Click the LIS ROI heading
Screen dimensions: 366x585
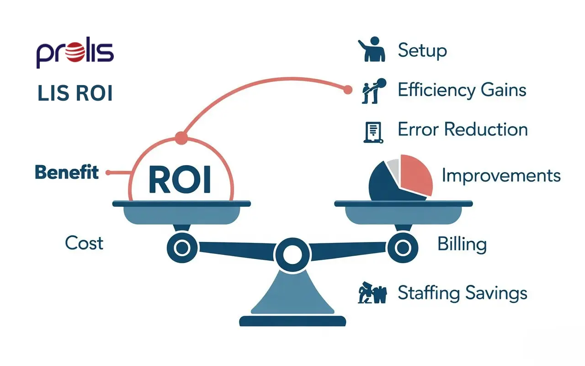(75, 93)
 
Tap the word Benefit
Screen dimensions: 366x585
(67, 172)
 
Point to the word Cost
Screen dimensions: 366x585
(84, 242)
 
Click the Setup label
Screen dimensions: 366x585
(422, 50)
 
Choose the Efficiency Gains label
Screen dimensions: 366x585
(462, 90)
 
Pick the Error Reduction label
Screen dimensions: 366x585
(463, 129)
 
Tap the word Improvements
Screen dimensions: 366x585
(501, 175)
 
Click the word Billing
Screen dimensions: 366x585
(462, 244)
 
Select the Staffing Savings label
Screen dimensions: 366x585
(463, 292)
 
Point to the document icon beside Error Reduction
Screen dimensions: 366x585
(372, 131)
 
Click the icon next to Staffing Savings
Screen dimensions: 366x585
(372, 293)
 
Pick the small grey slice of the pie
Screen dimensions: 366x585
(393, 165)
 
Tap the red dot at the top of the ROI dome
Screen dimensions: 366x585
(181, 137)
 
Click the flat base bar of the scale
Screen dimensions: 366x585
(292, 321)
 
